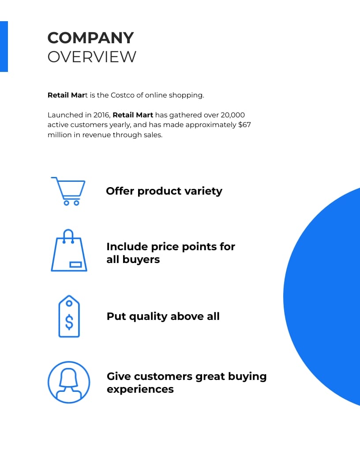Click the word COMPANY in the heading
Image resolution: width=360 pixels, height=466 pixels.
[x=90, y=38]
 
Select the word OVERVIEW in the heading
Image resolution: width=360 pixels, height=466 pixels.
[x=92, y=57]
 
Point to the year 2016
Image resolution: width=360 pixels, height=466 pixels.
[x=102, y=115]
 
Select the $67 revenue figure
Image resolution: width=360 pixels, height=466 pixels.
[x=244, y=125]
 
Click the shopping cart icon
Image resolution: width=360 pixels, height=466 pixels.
[x=68, y=191]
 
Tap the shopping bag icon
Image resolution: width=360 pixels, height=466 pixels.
[x=69, y=250]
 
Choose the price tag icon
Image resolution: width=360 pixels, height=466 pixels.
[x=69, y=316]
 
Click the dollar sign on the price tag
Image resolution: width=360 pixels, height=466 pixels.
[x=69, y=322]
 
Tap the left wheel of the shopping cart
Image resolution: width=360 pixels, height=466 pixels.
[x=67, y=203]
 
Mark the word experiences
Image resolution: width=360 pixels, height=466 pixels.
[x=140, y=389]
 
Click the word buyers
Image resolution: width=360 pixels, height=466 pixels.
[x=141, y=259]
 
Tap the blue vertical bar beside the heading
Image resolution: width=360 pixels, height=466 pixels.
[x=4, y=46]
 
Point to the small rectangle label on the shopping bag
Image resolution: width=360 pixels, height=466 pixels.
[x=75, y=264]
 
